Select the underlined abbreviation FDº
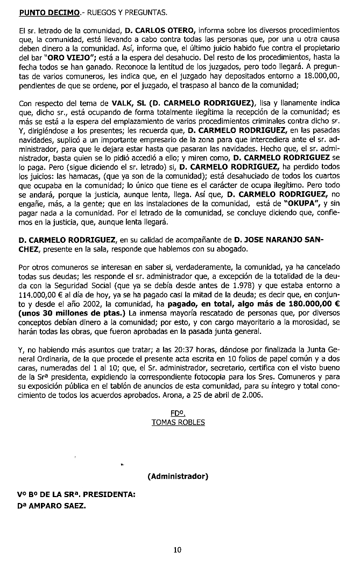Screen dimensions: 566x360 coord(178,413)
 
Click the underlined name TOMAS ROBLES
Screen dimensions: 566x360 coord(178,422)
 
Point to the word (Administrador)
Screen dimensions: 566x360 coord(177,476)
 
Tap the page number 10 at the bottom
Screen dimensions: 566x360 coord(178,550)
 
